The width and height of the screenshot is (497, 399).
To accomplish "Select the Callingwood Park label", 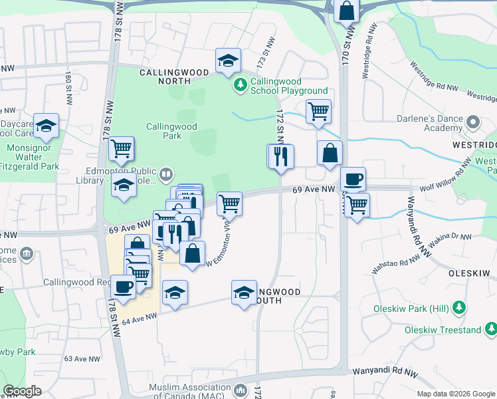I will click(x=171, y=131).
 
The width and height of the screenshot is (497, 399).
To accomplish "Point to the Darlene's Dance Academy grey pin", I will click(x=473, y=122).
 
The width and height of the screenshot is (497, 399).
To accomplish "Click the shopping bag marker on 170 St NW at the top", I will click(x=346, y=11).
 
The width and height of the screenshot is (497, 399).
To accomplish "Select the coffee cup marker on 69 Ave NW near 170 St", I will click(x=353, y=179).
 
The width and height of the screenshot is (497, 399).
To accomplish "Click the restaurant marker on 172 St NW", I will click(x=280, y=156).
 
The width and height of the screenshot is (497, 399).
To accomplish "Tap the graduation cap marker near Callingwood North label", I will click(x=228, y=62).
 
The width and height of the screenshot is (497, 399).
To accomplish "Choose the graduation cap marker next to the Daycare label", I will click(x=46, y=125).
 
